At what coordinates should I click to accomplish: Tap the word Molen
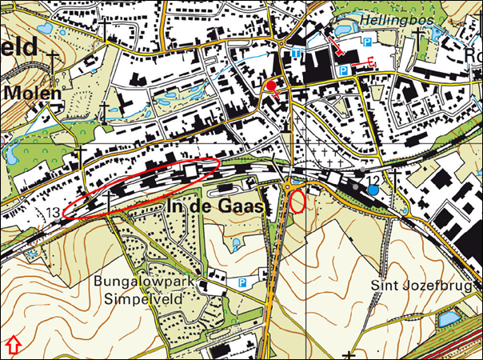33,93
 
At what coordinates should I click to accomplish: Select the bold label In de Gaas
217,207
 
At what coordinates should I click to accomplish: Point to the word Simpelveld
138,300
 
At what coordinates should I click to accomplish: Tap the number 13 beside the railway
53,212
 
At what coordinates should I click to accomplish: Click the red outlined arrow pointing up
13,346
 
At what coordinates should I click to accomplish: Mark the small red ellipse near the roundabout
297,201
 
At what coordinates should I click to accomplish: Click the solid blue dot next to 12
373,190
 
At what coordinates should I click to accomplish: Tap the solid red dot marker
272,86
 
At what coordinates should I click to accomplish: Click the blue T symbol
297,52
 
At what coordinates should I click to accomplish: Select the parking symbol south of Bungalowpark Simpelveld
241,282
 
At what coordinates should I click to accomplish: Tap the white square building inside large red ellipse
191,172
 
